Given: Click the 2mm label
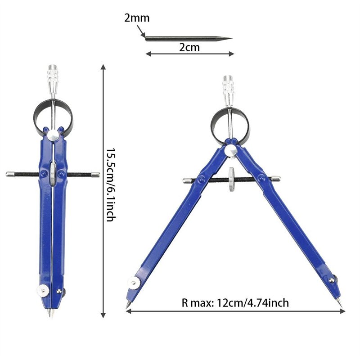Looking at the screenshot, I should tap(137, 18).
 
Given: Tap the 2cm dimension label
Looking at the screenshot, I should tap(189, 47).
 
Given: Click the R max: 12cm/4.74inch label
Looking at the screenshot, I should tap(233, 303).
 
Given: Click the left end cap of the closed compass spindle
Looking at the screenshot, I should tap(9, 174).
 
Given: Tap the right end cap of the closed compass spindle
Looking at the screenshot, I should tap(96, 174).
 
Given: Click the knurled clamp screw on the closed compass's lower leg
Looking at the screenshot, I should tap(43, 290).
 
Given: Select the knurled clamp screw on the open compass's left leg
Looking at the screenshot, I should tap(134, 283).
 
